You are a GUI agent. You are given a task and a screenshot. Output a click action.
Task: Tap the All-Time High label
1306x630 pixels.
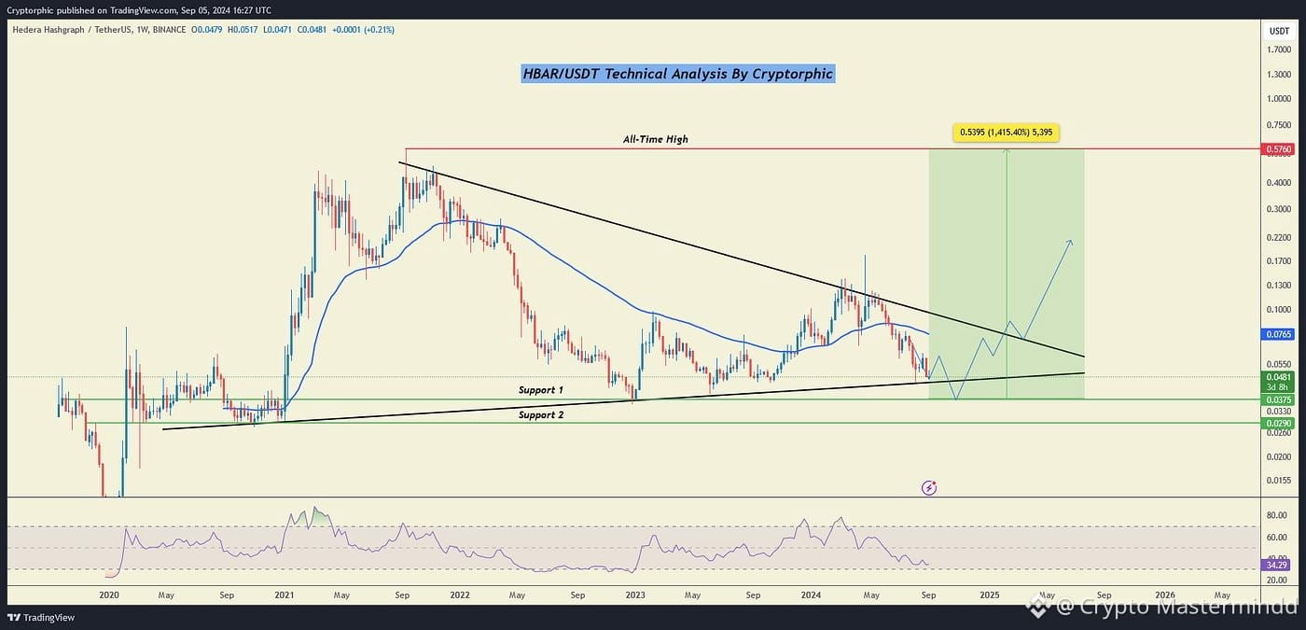click(x=655, y=139)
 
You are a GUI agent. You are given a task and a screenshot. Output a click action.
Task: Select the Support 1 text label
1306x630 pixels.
click(x=541, y=390)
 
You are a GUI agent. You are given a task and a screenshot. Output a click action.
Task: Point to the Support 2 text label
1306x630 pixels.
click(x=541, y=414)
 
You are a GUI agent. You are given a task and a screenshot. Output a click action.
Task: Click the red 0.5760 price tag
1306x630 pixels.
click(x=1279, y=149)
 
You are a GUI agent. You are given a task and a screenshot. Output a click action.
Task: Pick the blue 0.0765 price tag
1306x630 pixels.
click(x=1279, y=334)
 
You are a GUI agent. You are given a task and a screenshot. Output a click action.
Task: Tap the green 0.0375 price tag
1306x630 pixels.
click(x=1279, y=399)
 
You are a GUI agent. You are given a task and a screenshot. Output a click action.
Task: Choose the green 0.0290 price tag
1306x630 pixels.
click(x=1279, y=423)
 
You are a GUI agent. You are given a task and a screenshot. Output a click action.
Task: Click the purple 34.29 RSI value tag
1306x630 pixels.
click(x=1277, y=565)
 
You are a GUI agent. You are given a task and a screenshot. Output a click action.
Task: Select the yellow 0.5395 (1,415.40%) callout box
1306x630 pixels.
click(x=1007, y=133)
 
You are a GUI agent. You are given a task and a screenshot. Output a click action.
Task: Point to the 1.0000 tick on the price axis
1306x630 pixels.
click(x=1279, y=99)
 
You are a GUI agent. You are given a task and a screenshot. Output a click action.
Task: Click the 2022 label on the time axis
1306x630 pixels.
click(x=459, y=595)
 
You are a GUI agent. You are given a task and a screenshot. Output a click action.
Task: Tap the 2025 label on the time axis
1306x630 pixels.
click(x=990, y=595)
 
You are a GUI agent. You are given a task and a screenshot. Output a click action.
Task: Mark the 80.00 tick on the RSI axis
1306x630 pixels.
click(x=1276, y=515)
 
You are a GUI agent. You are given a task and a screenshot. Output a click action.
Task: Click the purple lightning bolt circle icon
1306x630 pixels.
click(x=929, y=487)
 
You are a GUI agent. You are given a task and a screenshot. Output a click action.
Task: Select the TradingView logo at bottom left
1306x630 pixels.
click(x=41, y=617)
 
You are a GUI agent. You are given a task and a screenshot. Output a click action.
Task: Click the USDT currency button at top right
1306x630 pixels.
click(x=1279, y=31)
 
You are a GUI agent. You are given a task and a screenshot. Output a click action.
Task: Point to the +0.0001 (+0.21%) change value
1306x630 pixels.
click(x=363, y=29)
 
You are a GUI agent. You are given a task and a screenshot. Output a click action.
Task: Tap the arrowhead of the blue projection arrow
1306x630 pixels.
click(x=1071, y=242)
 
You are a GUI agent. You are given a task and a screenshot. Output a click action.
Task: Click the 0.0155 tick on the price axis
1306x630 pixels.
click(x=1279, y=480)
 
